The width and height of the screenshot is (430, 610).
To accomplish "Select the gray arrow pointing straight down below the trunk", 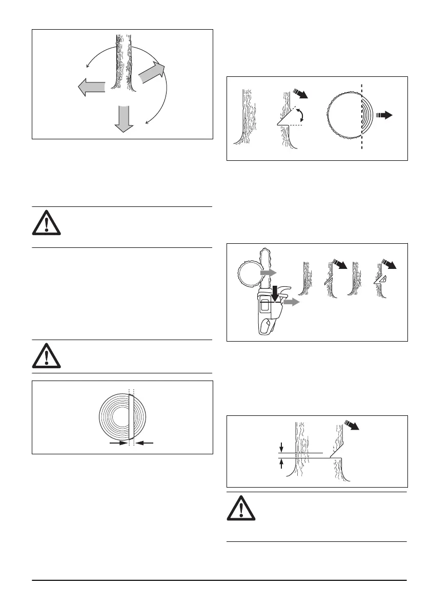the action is [x=121, y=119].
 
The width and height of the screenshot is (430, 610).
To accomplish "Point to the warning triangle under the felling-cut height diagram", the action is [x=240, y=513].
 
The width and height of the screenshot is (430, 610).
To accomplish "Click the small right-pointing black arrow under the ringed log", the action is [x=118, y=444].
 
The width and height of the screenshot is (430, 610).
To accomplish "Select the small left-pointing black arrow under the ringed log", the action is [x=146, y=444].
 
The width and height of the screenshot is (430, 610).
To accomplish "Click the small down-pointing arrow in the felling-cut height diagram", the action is [x=280, y=448].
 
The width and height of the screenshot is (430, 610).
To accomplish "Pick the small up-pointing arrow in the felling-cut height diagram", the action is [x=280, y=464].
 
